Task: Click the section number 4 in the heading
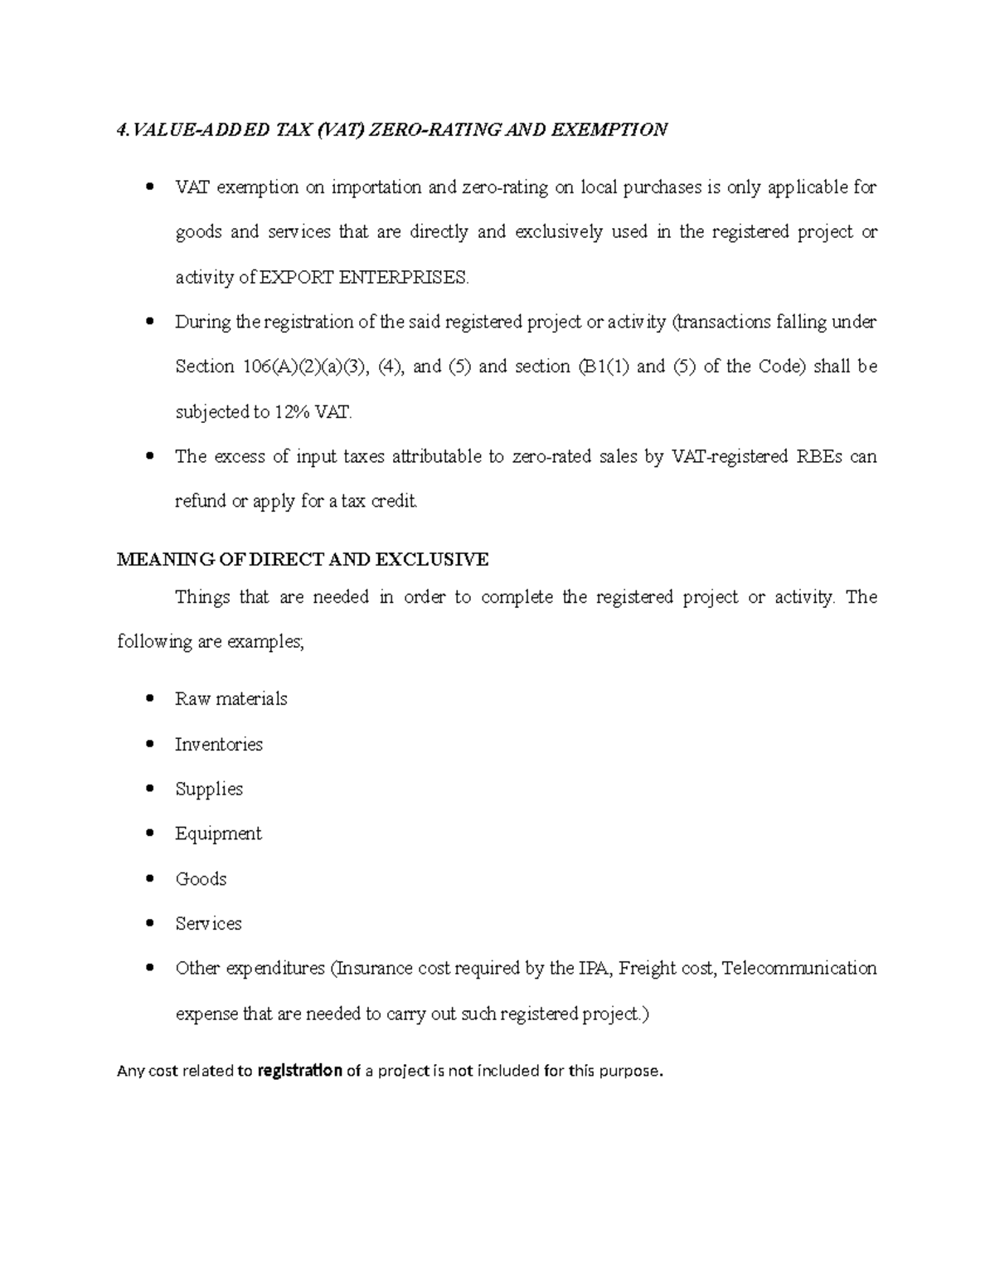click(122, 130)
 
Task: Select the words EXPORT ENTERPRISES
click(364, 278)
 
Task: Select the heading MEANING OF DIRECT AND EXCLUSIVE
click(303, 560)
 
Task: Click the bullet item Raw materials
click(231, 699)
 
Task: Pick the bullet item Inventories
click(218, 745)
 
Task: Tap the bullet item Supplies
click(209, 790)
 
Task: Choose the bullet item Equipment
click(218, 834)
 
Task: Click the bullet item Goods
click(201, 879)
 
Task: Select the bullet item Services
click(208, 924)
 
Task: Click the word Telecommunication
click(799, 969)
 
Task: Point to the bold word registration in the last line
click(299, 1071)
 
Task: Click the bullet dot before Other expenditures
click(149, 968)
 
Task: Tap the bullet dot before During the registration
click(149, 321)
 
